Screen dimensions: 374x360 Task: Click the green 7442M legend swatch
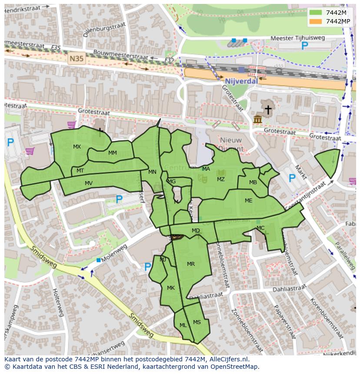pos(316,13)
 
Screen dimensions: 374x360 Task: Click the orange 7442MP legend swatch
pos(316,21)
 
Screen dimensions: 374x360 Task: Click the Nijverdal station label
pos(241,81)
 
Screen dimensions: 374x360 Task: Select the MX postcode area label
pos(77,147)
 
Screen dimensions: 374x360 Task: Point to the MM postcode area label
pos(113,153)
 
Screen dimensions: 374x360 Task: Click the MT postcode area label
pos(80,171)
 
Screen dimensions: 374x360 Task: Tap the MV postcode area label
pos(89,183)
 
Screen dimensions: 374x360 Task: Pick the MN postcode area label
pos(152,172)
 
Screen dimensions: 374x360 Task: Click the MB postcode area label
pos(253,182)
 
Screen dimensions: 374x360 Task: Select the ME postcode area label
pos(248,201)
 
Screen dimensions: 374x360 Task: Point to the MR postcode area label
pos(191,264)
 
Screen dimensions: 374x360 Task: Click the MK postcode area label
pos(171,288)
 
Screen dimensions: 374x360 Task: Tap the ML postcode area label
pos(183,325)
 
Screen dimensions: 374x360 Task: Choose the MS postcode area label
pos(197,322)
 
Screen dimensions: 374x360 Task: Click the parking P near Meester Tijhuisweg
pos(305,46)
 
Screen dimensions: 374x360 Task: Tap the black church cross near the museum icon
pos(268,110)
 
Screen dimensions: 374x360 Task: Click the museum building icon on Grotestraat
pos(258,119)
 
